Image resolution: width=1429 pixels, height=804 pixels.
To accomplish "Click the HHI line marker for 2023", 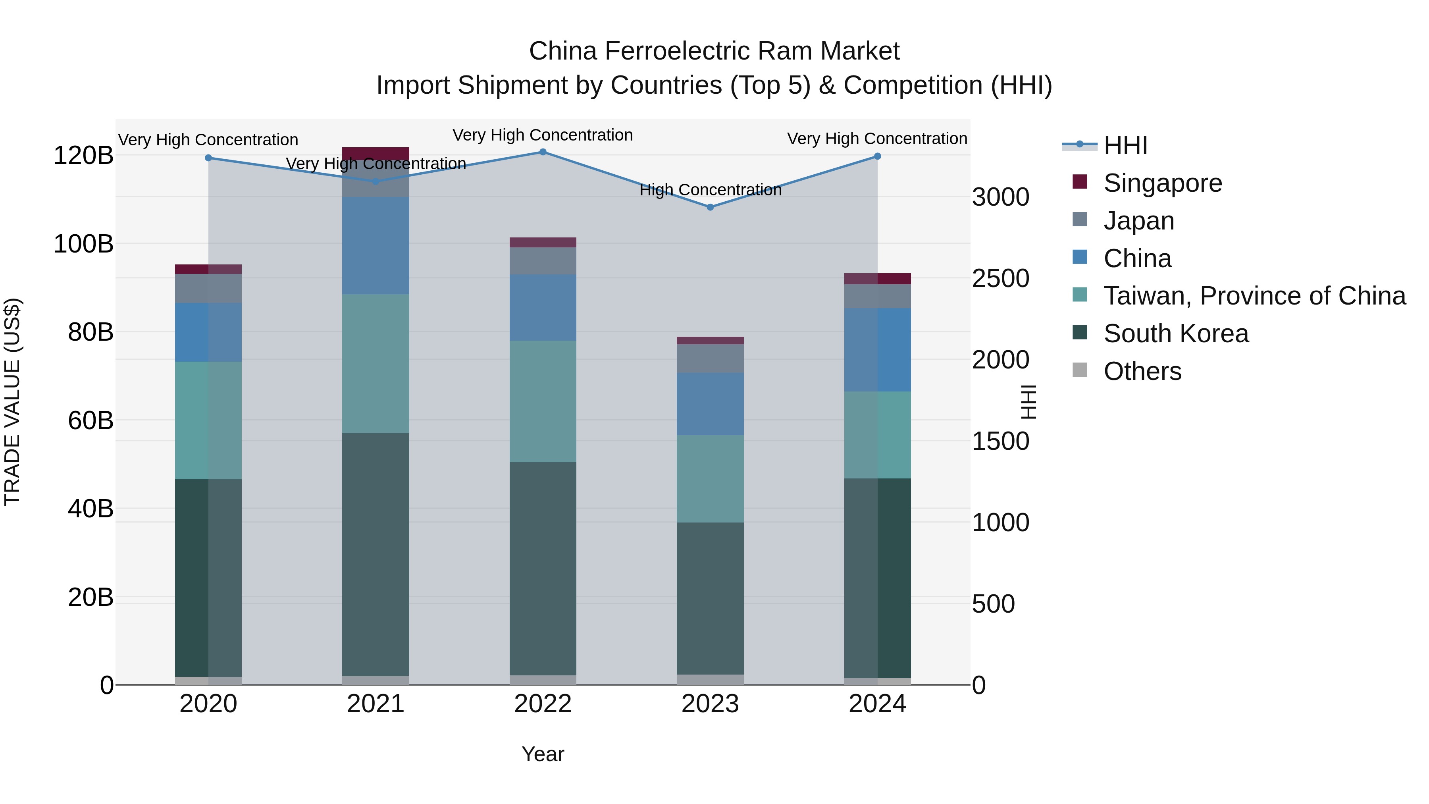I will click(x=710, y=207).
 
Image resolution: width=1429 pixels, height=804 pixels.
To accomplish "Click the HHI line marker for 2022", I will click(x=543, y=152).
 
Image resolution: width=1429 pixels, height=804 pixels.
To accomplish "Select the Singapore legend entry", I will click(x=1162, y=183).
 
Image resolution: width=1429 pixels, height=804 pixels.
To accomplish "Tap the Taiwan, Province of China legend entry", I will click(x=1254, y=296).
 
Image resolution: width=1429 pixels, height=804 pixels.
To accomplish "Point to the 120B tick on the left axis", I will click(x=83, y=155).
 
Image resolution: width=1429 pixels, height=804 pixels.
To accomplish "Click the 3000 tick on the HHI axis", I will click(x=1000, y=197).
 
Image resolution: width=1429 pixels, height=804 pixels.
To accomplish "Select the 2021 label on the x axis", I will click(x=376, y=704).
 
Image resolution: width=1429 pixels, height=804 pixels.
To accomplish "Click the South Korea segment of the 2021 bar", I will click(x=376, y=555).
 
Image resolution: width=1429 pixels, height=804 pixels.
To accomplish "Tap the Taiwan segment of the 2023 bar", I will click(x=710, y=478).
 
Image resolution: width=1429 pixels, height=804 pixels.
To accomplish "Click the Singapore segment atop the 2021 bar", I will click(x=376, y=153).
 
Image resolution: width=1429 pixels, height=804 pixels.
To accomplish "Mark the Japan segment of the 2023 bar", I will click(x=710, y=359).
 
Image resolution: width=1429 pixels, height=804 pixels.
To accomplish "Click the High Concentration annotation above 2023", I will click(x=710, y=190).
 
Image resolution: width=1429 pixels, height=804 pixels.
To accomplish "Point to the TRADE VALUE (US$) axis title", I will click(x=12, y=402).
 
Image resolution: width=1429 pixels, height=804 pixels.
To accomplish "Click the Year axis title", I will click(x=543, y=754).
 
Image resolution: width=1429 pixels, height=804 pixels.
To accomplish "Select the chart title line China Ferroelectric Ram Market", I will click(x=714, y=51).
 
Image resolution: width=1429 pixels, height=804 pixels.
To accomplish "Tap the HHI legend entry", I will click(x=1125, y=145).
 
